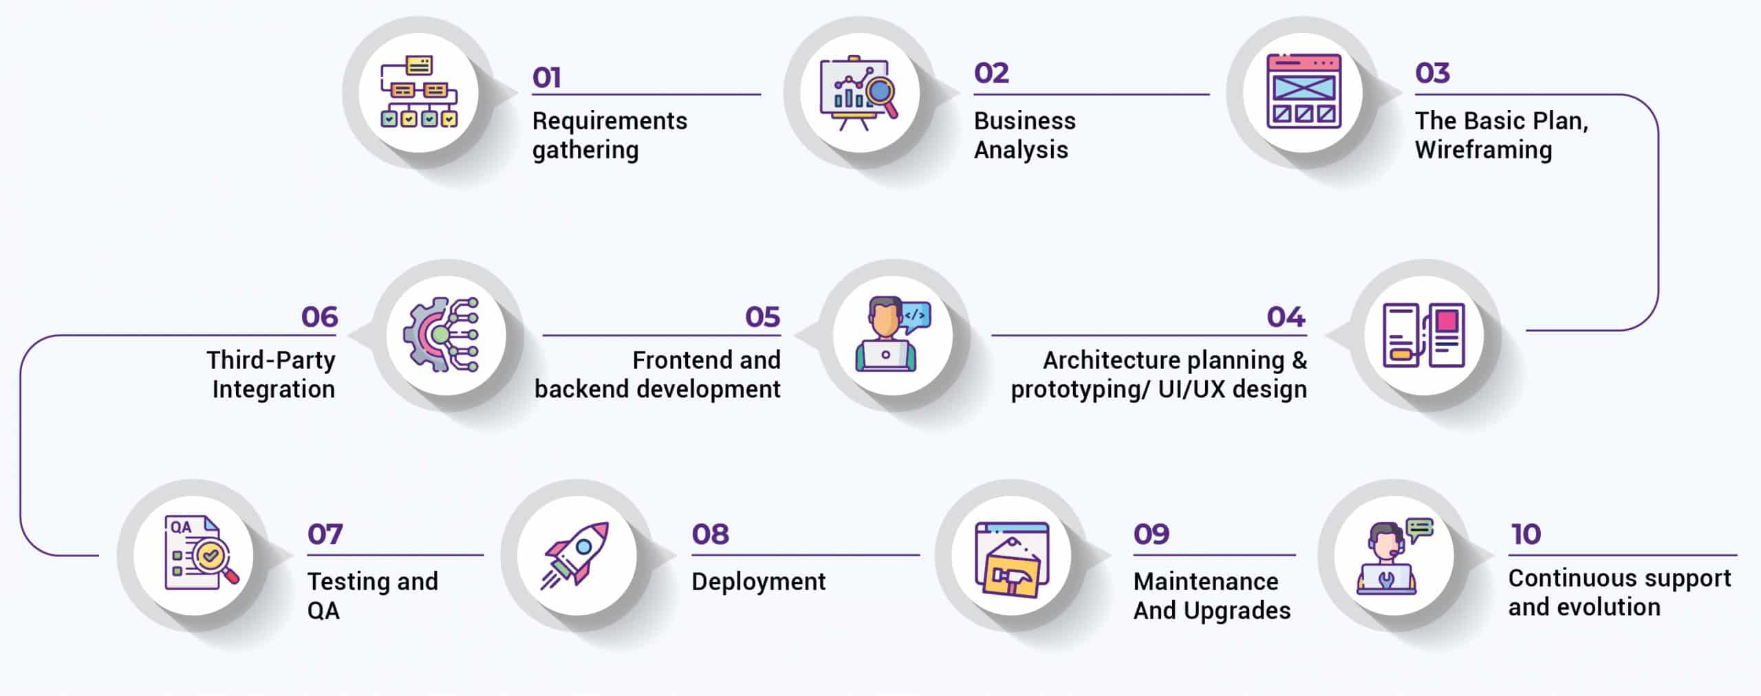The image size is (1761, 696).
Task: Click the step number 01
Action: click(x=547, y=78)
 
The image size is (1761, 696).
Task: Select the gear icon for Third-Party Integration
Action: click(x=440, y=335)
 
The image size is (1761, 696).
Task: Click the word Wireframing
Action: click(x=1483, y=150)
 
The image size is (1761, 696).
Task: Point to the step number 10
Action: click(x=1525, y=534)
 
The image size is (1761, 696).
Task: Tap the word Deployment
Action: click(x=759, y=582)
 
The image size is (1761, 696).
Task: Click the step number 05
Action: click(x=762, y=317)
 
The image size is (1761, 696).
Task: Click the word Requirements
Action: click(x=609, y=121)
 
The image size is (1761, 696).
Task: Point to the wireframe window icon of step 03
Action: click(x=1304, y=91)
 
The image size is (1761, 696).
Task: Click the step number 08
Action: click(x=710, y=534)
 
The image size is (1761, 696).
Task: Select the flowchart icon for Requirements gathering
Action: click(x=419, y=92)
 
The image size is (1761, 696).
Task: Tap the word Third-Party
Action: click(x=271, y=360)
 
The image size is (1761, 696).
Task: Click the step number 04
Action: click(x=1286, y=317)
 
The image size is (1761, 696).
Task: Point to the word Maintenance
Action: click(x=1206, y=582)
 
